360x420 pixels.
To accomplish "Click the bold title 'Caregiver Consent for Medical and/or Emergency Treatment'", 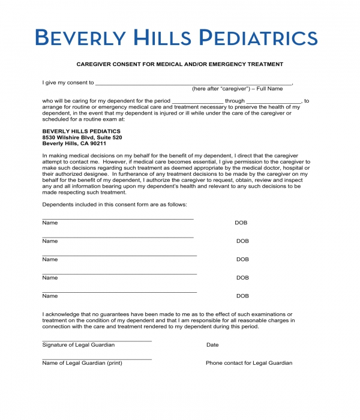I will pyautogui.click(x=179, y=64).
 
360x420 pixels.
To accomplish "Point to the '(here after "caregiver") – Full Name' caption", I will pyautogui.click(x=237, y=89).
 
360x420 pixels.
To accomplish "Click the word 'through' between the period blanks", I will pyautogui.click(x=235, y=101).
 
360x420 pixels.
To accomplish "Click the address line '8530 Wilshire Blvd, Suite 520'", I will pyautogui.click(x=82, y=137).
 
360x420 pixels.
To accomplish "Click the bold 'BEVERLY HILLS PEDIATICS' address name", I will pyautogui.click(x=81, y=131).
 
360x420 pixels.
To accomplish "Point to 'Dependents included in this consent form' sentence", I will pyautogui.click(x=115, y=205).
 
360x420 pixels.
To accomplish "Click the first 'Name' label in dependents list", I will pyautogui.click(x=50, y=223).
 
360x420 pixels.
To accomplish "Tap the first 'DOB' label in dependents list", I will pyautogui.click(x=241, y=223).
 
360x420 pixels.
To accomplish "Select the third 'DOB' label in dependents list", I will pyautogui.click(x=242, y=259).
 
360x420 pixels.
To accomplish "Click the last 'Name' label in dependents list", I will pyautogui.click(x=50, y=296).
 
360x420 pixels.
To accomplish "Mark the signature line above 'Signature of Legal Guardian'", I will pyautogui.click(x=97, y=341).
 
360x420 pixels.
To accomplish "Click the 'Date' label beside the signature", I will pyautogui.click(x=212, y=345).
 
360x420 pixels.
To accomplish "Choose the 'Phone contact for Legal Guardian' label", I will pyautogui.click(x=249, y=363).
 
